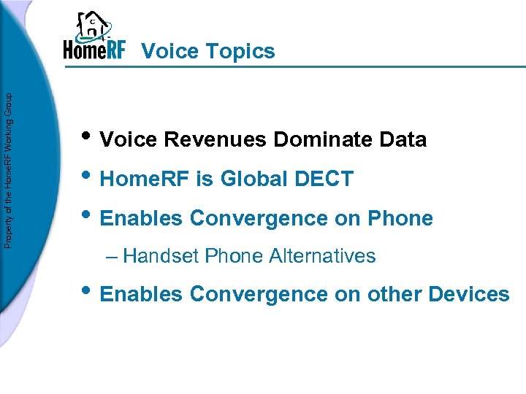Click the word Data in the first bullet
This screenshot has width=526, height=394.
(x=404, y=139)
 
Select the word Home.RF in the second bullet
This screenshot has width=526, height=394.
(x=143, y=179)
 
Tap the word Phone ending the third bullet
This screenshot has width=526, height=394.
(x=401, y=218)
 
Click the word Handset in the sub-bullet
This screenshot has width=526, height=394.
(x=161, y=256)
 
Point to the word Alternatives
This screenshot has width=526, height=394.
(x=322, y=256)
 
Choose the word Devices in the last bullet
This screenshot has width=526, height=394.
(x=469, y=294)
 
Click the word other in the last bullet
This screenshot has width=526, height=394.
(x=395, y=294)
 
